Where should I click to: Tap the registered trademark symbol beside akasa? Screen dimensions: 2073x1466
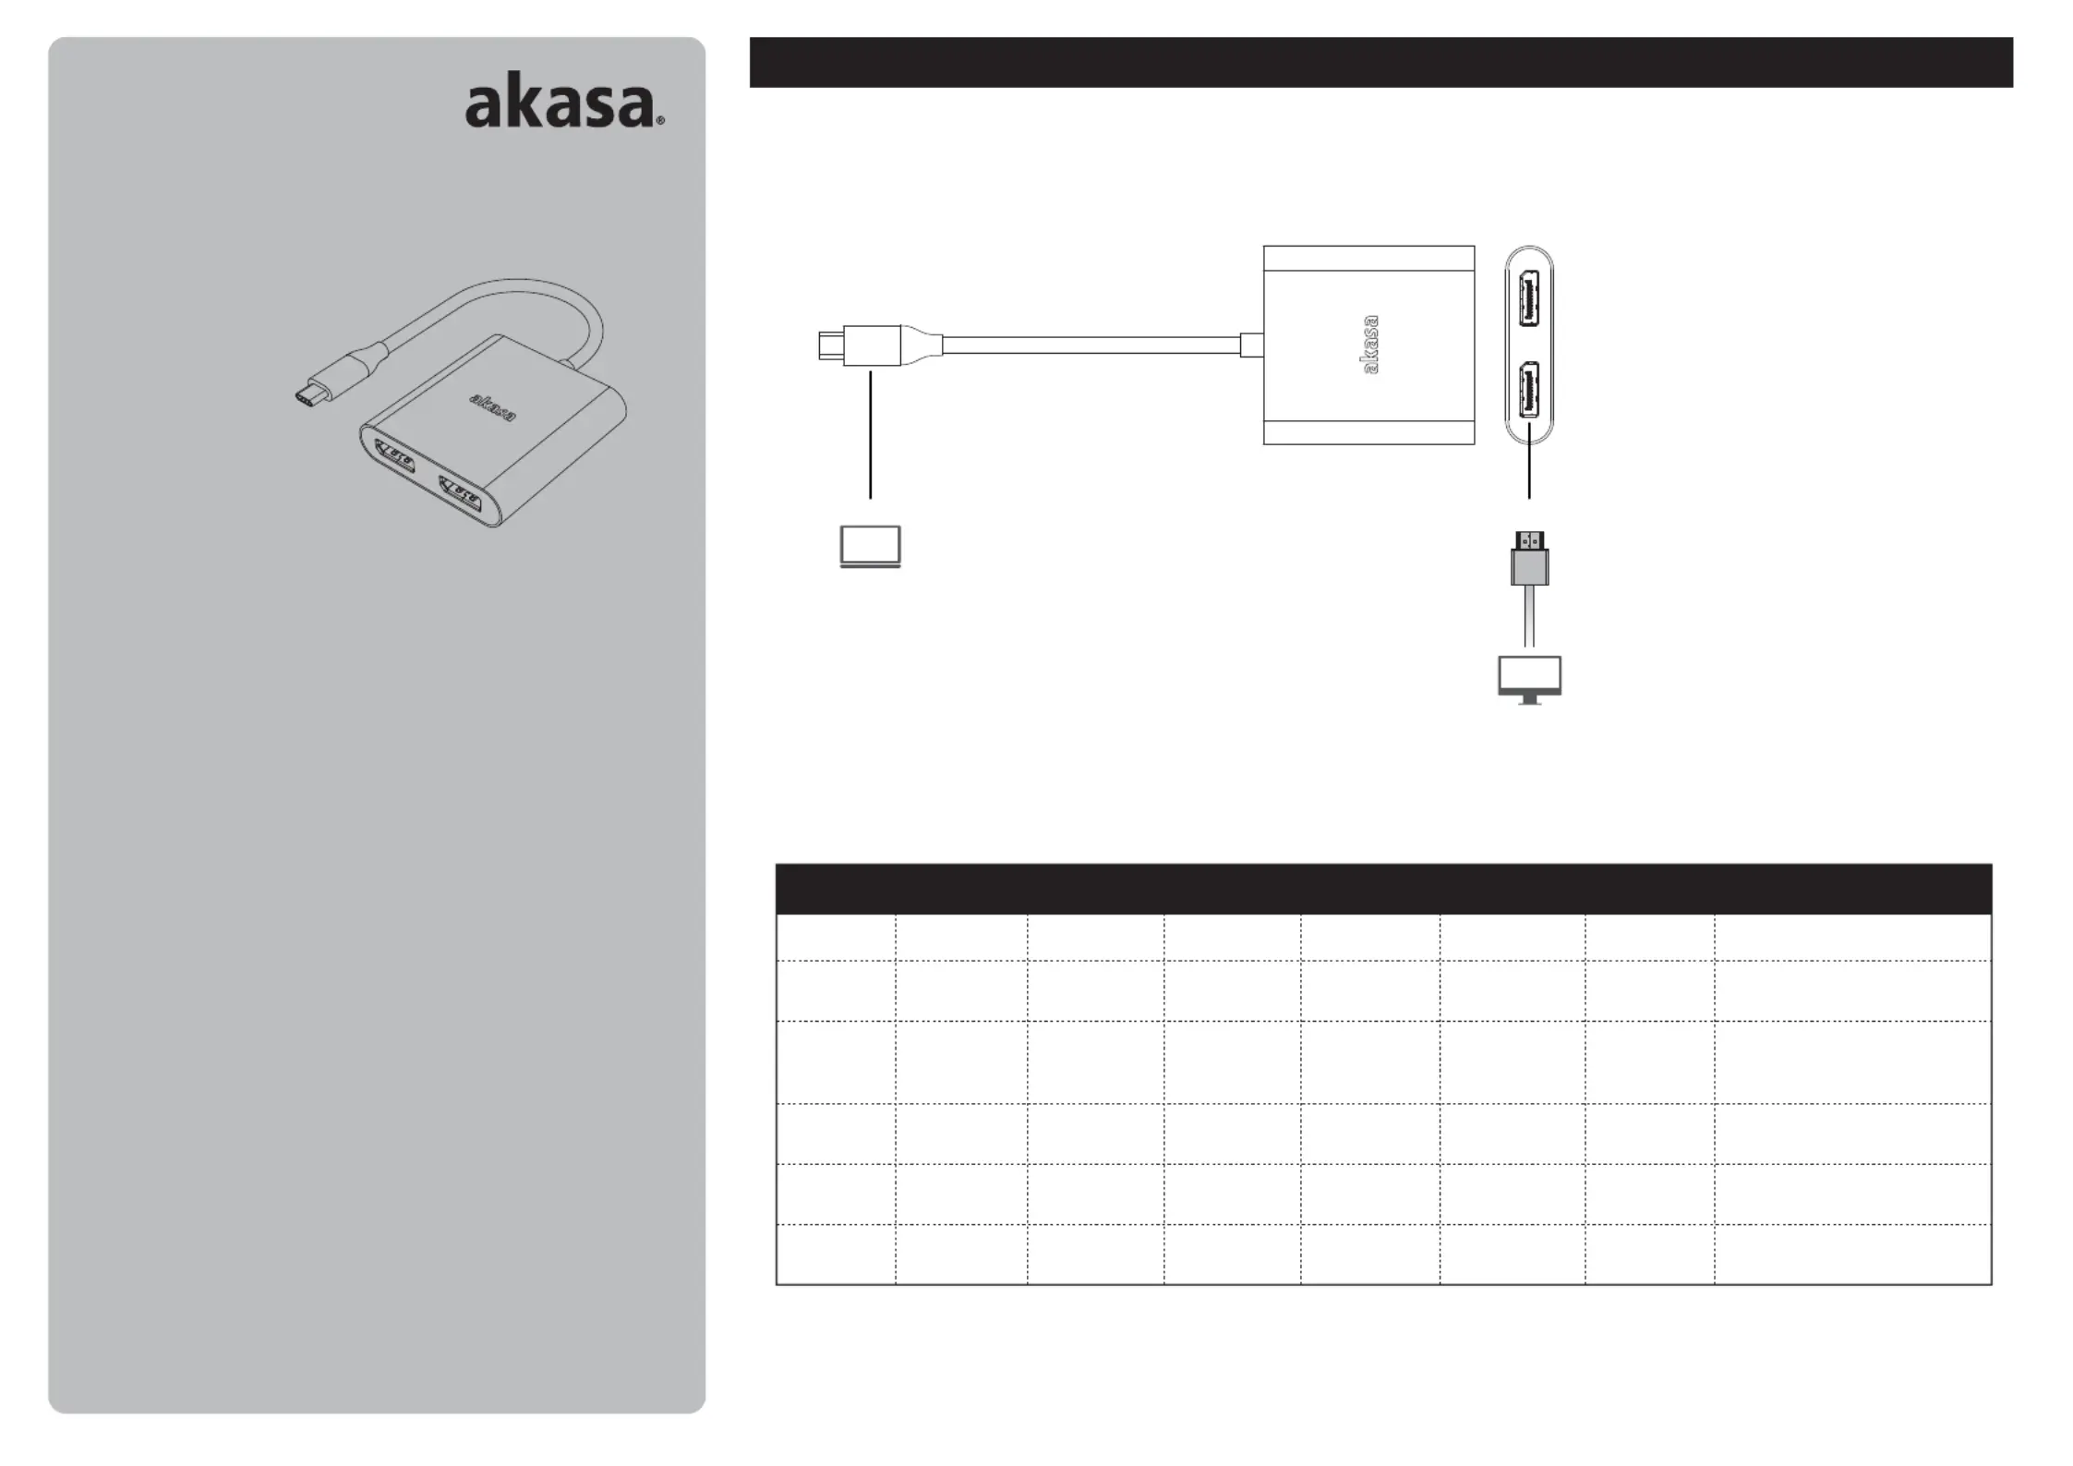click(x=659, y=121)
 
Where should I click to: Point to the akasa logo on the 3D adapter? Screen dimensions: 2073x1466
click(x=493, y=406)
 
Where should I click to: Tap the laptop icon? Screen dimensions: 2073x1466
click(x=870, y=546)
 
